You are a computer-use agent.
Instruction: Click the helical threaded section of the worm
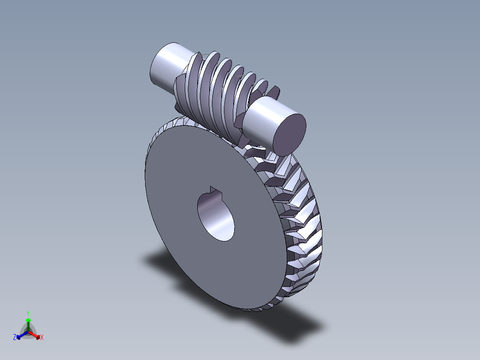218,89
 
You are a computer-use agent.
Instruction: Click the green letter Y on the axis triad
28,313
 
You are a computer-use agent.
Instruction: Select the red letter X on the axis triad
42,338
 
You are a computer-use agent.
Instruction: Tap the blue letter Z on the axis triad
15,338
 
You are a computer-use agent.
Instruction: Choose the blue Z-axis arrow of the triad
20,335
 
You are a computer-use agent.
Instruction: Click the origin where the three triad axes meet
28,331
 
